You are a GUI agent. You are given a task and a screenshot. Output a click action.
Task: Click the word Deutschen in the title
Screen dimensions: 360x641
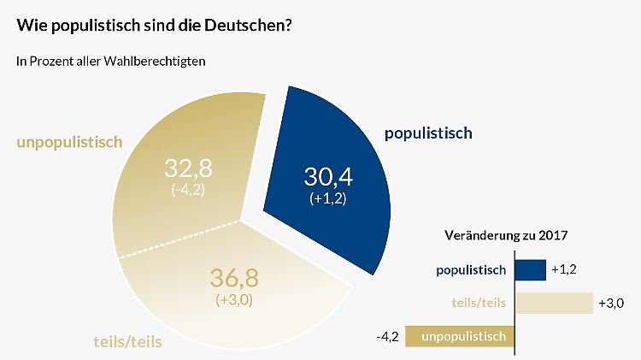click(x=250, y=26)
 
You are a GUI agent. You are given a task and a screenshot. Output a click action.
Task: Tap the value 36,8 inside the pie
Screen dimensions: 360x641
click(x=233, y=279)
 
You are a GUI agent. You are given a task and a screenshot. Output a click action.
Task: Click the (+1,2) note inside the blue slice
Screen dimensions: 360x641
click(x=328, y=199)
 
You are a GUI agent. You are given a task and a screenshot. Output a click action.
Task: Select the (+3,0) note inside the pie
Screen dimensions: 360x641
click(x=233, y=300)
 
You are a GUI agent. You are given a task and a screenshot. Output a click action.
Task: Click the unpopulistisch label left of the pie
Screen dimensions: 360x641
click(x=69, y=141)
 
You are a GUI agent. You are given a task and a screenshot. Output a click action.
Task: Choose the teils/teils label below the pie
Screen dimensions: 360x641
click(x=126, y=342)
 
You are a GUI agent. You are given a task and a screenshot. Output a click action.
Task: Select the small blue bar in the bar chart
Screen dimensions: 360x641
click(x=530, y=270)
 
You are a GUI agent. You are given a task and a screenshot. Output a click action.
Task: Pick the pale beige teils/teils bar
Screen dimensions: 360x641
click(x=553, y=303)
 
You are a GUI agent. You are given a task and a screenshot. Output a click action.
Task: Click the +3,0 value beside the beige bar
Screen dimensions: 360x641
click(x=612, y=303)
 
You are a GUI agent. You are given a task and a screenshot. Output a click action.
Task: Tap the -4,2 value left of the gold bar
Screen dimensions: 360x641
click(x=389, y=336)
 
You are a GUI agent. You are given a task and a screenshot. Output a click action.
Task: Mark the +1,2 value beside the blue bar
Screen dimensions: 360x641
click(x=566, y=270)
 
